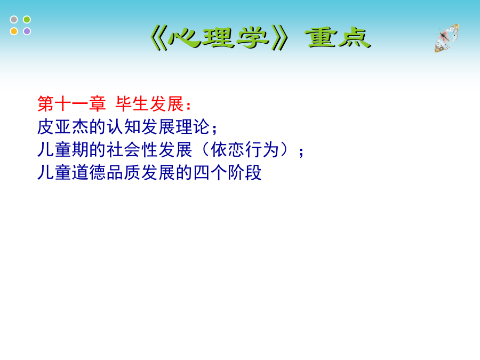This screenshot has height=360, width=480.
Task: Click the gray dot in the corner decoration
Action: [x=14, y=20]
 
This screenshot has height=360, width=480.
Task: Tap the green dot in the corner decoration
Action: [x=27, y=20]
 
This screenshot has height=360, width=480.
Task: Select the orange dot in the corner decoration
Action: [x=14, y=31]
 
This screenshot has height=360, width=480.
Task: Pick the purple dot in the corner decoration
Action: [x=27, y=31]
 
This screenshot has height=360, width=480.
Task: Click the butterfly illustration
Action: [x=446, y=38]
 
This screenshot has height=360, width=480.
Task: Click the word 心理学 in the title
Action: [x=219, y=38]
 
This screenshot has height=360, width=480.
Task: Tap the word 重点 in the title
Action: [x=338, y=38]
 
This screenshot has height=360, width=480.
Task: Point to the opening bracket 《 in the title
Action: [x=159, y=38]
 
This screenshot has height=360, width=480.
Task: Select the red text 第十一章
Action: [x=71, y=104]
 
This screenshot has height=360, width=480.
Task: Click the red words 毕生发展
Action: [x=150, y=104]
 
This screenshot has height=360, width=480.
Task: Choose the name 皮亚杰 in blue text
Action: [x=63, y=127]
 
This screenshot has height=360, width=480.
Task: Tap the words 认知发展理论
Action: [x=158, y=127]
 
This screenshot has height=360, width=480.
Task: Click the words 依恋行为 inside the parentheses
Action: [x=245, y=150]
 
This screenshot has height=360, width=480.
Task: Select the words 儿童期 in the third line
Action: [x=63, y=150]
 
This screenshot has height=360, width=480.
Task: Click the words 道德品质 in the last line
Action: [x=106, y=172]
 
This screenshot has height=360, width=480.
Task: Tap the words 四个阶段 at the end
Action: [x=227, y=172]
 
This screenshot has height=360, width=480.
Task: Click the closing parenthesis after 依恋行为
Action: [x=285, y=150]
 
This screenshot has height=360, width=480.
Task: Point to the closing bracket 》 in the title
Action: [x=280, y=38]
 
